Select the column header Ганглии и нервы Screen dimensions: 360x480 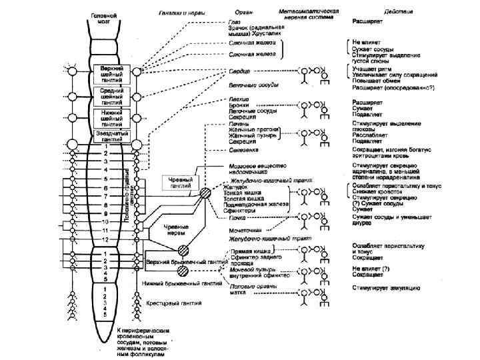(181, 12)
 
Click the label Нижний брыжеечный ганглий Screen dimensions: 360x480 (177, 283)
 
